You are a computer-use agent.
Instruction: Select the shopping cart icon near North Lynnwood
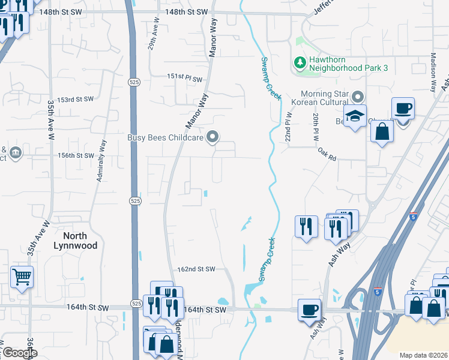(22, 277)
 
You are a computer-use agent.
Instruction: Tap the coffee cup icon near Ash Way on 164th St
(309, 310)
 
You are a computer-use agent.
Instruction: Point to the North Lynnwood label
(70, 241)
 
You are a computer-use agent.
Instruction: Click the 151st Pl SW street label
(185, 77)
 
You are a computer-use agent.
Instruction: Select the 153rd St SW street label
(76, 99)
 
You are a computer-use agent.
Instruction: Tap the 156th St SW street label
(76, 155)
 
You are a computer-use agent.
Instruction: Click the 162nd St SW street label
(196, 270)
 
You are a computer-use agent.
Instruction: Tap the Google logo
(19, 353)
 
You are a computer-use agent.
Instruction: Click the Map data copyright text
(423, 355)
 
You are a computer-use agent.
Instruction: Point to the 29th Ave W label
(156, 27)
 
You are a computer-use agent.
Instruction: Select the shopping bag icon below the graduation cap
(382, 131)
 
